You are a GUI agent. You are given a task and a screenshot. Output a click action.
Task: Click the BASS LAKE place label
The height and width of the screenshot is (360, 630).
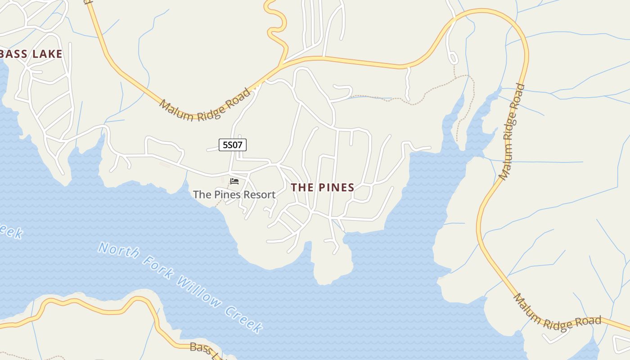pyautogui.click(x=31, y=54)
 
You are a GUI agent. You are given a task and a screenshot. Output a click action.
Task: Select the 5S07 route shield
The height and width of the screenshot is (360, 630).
pyautogui.click(x=233, y=145)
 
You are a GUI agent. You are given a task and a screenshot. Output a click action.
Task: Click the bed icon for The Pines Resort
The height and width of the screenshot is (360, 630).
pyautogui.click(x=234, y=181)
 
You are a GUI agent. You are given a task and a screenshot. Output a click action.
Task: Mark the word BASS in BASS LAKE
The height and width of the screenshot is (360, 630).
pyautogui.click(x=15, y=54)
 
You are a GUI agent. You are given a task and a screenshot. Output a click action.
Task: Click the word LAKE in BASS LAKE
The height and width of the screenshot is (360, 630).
pyautogui.click(x=47, y=54)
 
